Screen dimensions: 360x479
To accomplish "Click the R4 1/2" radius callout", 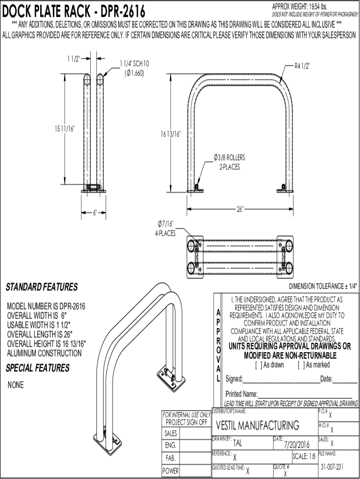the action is pos(302,66).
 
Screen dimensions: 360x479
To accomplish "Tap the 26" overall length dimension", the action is pos(240,209).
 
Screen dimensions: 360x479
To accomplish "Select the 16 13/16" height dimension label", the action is pos(171,134).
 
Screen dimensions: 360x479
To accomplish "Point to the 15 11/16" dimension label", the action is pos(65,129).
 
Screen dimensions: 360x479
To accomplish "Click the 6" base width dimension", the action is pos(95,213).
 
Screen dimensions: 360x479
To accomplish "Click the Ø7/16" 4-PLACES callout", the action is pos(166,228).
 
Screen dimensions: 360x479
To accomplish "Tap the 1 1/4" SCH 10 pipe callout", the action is pos(134,68).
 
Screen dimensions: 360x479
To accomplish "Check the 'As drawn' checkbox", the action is pos(259,365).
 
